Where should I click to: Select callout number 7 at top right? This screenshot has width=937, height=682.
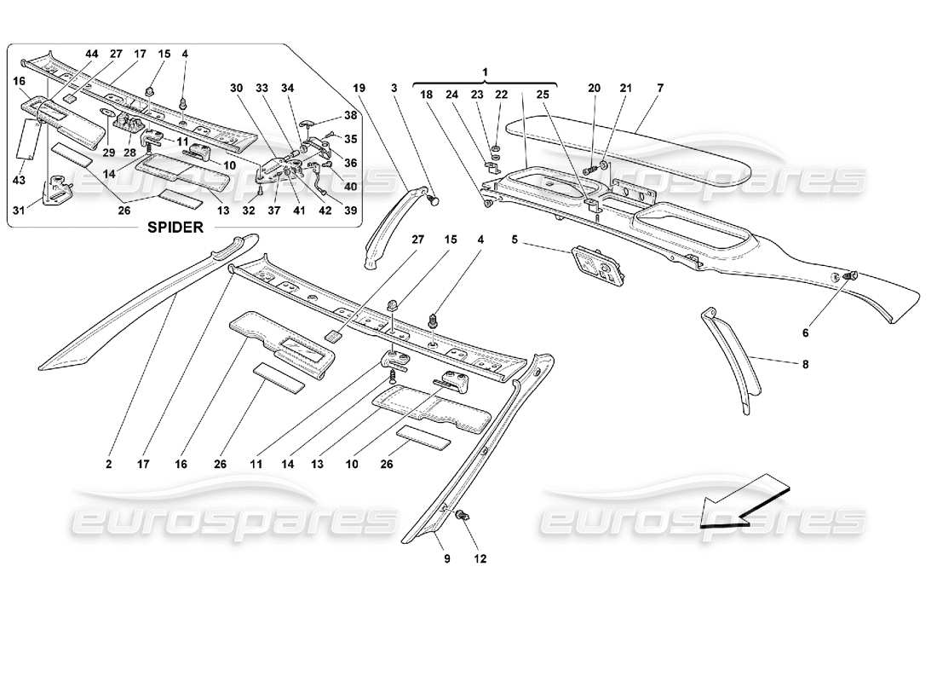[x=660, y=87]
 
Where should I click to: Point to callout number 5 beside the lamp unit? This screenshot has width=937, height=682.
[x=514, y=240]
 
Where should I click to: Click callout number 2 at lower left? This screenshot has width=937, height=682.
[x=109, y=465]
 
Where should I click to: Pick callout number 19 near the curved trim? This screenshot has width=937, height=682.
[x=358, y=87]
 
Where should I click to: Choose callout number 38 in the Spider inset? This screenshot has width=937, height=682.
[x=349, y=115]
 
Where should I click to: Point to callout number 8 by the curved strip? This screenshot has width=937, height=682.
[x=806, y=364]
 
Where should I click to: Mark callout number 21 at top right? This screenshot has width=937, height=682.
[x=626, y=87]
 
